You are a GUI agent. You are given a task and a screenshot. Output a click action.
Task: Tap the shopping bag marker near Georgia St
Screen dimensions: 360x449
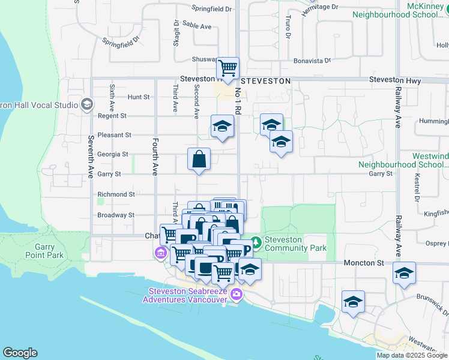pyautogui.click(x=199, y=160)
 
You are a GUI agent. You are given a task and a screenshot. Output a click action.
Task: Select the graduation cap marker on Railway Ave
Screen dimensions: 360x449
pyautogui.click(x=405, y=273)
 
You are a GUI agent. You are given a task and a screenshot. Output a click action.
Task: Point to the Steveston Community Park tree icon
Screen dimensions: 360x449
pyautogui.click(x=256, y=242)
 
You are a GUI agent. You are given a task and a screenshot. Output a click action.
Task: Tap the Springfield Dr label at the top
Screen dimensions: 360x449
pyautogui.click(x=211, y=9)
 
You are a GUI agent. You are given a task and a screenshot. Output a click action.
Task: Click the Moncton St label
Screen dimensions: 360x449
pyautogui.click(x=364, y=263)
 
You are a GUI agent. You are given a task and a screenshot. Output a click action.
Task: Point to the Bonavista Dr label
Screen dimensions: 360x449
pyautogui.click(x=312, y=61)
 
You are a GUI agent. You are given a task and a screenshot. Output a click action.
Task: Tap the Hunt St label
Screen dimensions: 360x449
pyautogui.click(x=138, y=97)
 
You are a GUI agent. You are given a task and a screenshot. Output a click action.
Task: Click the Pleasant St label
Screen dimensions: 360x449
pyautogui.click(x=115, y=135)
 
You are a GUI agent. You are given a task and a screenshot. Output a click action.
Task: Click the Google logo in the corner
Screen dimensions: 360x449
pyautogui.click(x=20, y=353)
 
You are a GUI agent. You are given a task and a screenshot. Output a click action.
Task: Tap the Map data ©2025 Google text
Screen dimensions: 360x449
pyautogui.click(x=412, y=355)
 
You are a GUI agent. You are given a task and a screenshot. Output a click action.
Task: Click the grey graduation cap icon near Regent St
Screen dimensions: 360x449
pyautogui.click(x=87, y=104)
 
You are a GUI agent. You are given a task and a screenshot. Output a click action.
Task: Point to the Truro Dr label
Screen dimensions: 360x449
pyautogui.click(x=288, y=32)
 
